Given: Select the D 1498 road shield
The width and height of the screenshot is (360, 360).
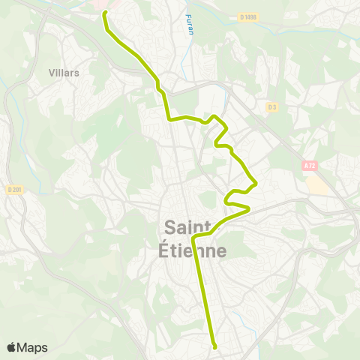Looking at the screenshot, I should (249, 16).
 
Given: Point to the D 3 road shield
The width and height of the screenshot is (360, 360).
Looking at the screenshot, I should (271, 106).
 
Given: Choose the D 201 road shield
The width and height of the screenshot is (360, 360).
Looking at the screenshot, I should (14, 190).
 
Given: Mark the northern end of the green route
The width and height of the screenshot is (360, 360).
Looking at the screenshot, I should (105, 13).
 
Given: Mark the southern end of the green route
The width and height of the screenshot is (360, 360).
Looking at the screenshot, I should (215, 346).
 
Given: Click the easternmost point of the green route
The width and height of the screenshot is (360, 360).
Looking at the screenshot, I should (257, 182).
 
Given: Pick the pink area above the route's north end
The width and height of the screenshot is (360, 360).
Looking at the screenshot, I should (101, 4).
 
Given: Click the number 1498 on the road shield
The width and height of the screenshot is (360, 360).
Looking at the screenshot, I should (251, 16).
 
